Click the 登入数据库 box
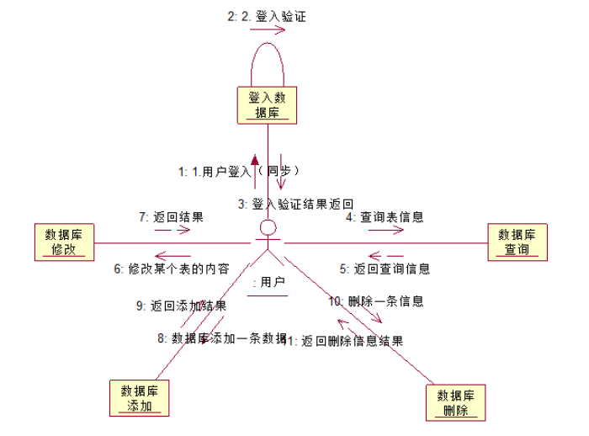(268, 105)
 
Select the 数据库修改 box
(64, 242)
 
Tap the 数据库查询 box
(517, 242)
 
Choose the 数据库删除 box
(458, 403)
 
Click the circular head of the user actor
(268, 228)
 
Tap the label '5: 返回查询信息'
(385, 269)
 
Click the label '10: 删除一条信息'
(375, 300)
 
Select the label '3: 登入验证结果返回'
(294, 204)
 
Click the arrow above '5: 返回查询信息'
(386, 255)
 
